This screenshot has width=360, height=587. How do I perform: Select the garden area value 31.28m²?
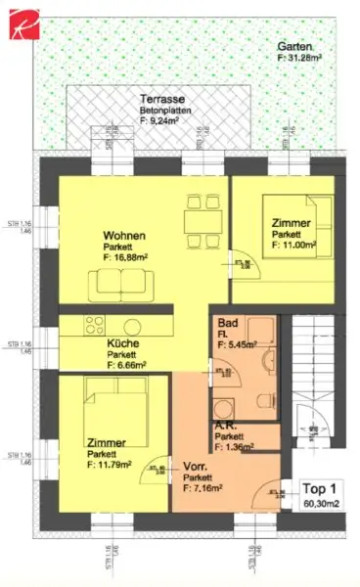pos(298,59)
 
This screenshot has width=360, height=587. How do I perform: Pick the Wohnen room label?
pos(126,236)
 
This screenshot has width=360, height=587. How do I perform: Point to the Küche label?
pos(123,343)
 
